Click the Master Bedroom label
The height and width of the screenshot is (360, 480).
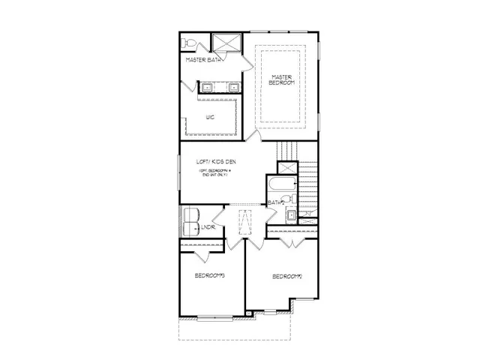pos(281,79)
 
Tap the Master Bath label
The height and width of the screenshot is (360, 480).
pos(202,59)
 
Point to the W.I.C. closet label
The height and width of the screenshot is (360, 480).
pos(211,116)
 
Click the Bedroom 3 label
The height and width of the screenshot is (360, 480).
pos(210,276)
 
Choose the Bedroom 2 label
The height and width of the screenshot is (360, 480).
pos(286,277)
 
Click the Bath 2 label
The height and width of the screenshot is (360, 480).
pos(275,202)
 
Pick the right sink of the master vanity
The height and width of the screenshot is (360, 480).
pos(233,88)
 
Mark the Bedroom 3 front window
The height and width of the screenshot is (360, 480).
pos(213,317)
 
